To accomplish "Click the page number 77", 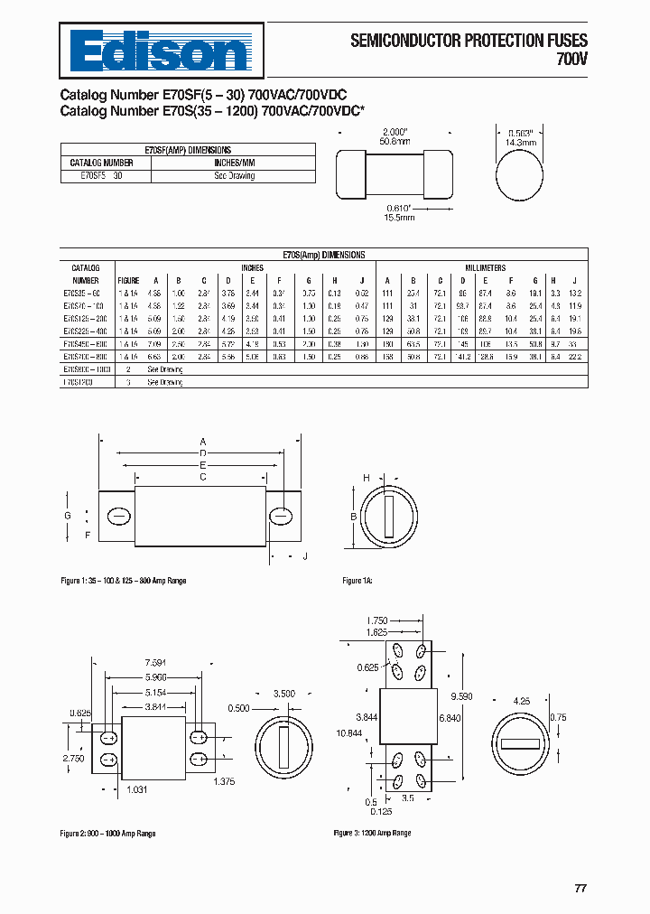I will (580, 888).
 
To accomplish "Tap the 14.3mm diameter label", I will (520, 142).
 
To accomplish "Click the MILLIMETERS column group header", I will (485, 268).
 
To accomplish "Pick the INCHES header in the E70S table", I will (253, 268).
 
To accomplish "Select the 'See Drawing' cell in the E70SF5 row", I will (235, 175).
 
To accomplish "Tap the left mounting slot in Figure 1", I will (117, 516).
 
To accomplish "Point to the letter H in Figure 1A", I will (367, 477).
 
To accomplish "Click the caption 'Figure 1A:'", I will (357, 580).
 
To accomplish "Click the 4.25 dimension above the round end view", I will (521, 700).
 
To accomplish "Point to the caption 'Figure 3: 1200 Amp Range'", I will (372, 833).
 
